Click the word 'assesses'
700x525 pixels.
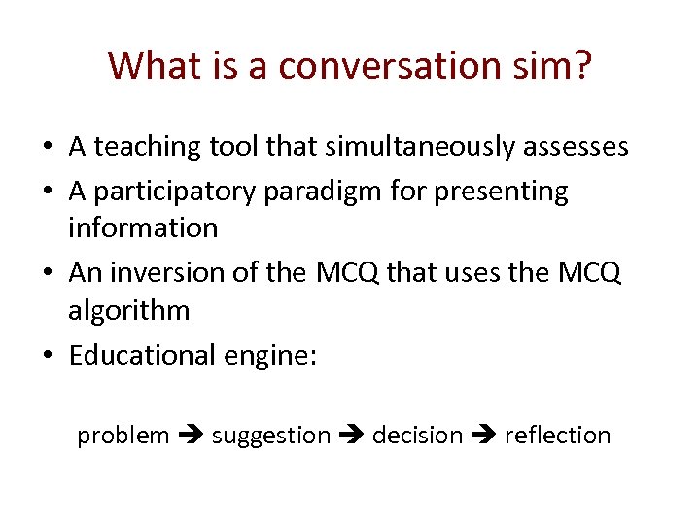574,148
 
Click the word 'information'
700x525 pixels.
143,227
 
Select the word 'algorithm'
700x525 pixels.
129,311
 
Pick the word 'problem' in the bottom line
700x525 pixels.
123,436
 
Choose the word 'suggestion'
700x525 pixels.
271,436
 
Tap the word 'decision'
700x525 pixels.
417,436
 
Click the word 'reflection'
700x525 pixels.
557,436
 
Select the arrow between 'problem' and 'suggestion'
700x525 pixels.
191,437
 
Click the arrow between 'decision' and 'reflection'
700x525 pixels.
483,437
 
